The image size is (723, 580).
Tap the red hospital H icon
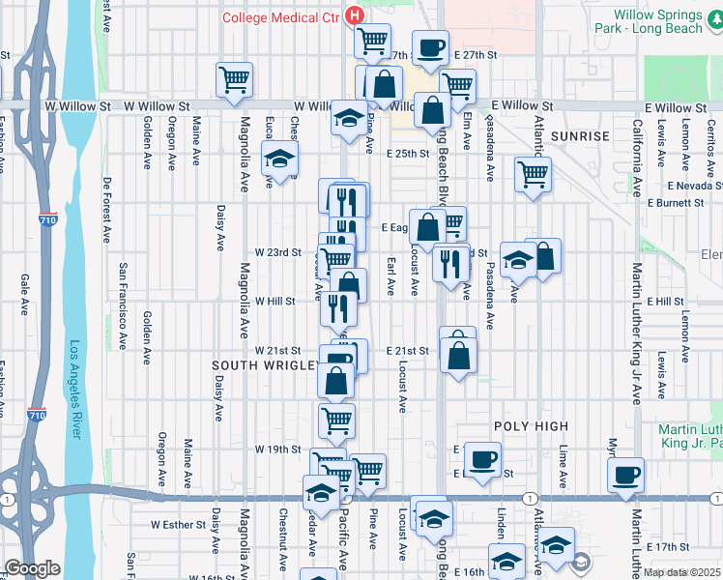click(x=355, y=16)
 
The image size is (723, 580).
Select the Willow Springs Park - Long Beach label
click(x=668, y=22)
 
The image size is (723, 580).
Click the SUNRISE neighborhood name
click(x=580, y=136)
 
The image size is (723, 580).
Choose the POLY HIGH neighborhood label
click(x=531, y=426)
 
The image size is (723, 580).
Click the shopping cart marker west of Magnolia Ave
click(x=234, y=80)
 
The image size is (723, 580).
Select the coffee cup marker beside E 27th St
click(x=430, y=47)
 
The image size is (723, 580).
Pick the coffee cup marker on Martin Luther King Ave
click(x=626, y=475)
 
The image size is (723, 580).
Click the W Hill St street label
click(x=275, y=302)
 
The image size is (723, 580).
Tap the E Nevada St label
click(x=693, y=185)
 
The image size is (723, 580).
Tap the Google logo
click(x=33, y=568)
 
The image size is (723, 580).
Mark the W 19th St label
click(x=278, y=449)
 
